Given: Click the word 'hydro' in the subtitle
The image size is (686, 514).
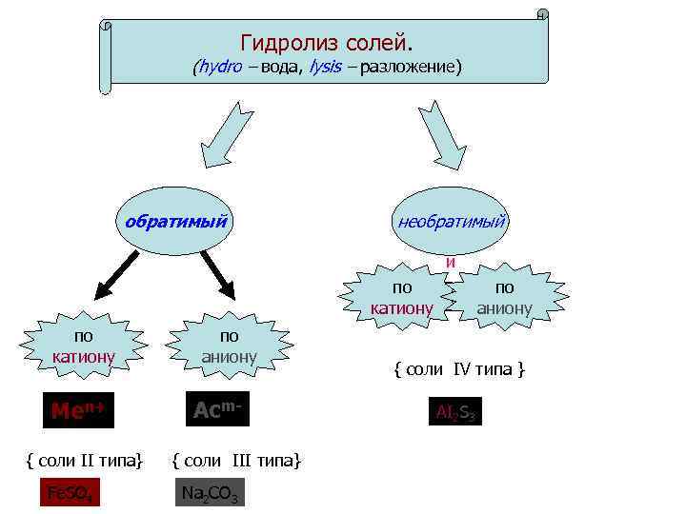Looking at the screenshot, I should pyautogui.click(x=219, y=68).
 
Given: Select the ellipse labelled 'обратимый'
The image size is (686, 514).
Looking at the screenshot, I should pyautogui.click(x=176, y=221).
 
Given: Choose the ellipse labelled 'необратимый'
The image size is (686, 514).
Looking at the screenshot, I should pyautogui.click(x=451, y=221).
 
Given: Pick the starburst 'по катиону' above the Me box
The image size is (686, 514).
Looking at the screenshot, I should pyautogui.click(x=84, y=347).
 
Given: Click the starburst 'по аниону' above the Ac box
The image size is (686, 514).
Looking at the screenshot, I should pyautogui.click(x=229, y=346).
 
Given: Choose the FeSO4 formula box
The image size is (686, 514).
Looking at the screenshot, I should pyautogui.click(x=70, y=494).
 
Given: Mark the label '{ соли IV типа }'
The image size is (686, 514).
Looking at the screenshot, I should pyautogui.click(x=459, y=367).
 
